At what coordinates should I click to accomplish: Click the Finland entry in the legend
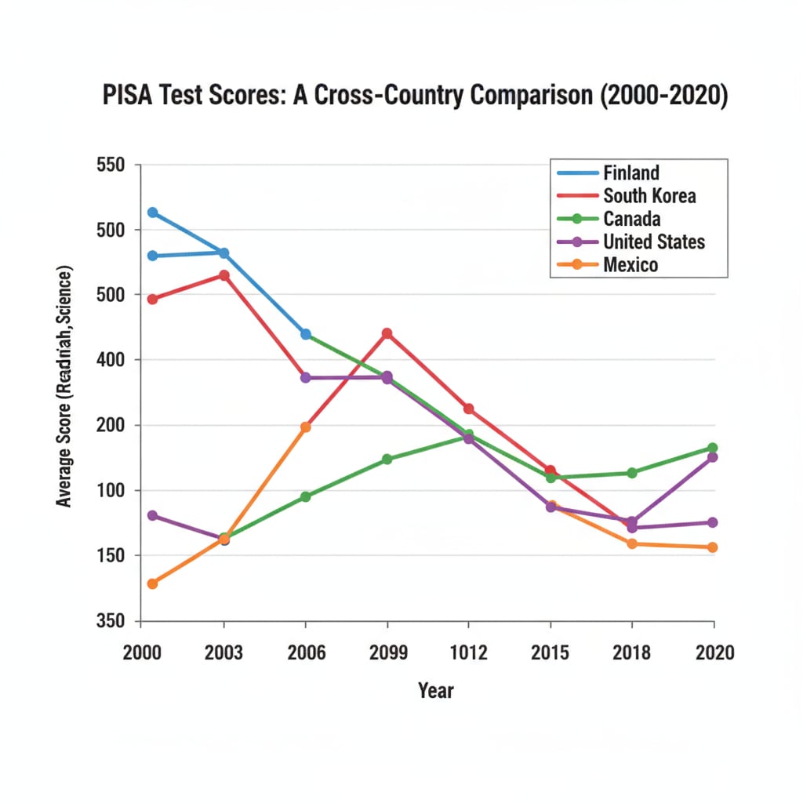pyautogui.click(x=630, y=173)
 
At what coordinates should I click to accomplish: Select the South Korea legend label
pyautogui.click(x=649, y=195)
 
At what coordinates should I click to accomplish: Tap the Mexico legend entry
pyautogui.click(x=630, y=265)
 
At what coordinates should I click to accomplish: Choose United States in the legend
pyautogui.click(x=654, y=242)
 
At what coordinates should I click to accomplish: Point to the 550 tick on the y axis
pyautogui.click(x=110, y=165)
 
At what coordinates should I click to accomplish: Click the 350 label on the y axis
pyautogui.click(x=110, y=621)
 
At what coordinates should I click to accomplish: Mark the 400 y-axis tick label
pyautogui.click(x=110, y=360)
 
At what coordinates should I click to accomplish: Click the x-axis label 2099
pyautogui.click(x=387, y=652)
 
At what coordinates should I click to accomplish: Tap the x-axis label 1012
pyautogui.click(x=468, y=652)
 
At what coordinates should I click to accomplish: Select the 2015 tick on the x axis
pyautogui.click(x=550, y=652)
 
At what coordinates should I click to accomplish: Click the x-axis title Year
pyautogui.click(x=435, y=691)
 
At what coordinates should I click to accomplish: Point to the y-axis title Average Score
pyautogui.click(x=64, y=386)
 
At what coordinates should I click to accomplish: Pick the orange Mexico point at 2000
pyautogui.click(x=152, y=583)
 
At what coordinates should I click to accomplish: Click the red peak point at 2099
pyautogui.click(x=387, y=333)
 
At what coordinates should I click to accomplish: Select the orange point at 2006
pyautogui.click(x=306, y=427)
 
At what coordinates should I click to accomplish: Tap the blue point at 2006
pyautogui.click(x=306, y=334)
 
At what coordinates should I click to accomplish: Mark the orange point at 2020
pyautogui.click(x=712, y=547)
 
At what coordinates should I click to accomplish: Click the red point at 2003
pyautogui.click(x=224, y=275)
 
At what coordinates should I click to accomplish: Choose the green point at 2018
pyautogui.click(x=631, y=473)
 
